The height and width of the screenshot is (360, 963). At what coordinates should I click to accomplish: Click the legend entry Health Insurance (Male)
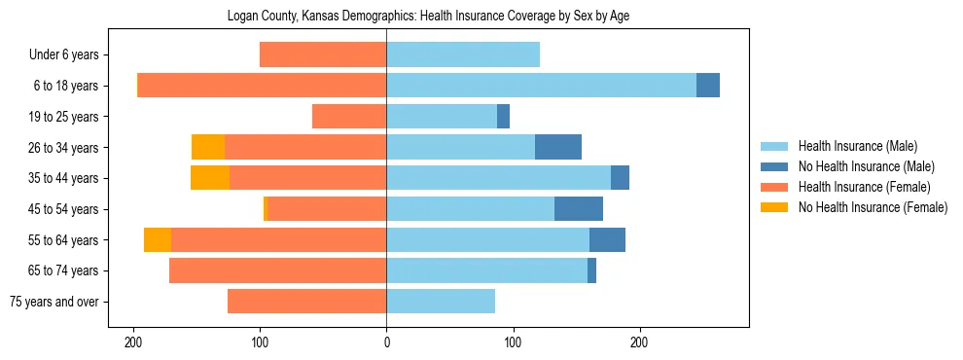click(x=857, y=146)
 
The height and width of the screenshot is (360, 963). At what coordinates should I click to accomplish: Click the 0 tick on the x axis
click(x=386, y=342)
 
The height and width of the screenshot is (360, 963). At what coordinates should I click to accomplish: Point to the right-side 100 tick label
click(x=513, y=342)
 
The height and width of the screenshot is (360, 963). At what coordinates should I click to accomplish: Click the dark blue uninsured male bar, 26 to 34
click(x=558, y=147)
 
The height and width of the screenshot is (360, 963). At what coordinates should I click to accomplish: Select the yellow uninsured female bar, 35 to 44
click(x=210, y=178)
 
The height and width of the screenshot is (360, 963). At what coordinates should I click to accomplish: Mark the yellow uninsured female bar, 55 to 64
click(x=158, y=239)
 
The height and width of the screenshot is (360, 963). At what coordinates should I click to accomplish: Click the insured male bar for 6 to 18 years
click(x=541, y=86)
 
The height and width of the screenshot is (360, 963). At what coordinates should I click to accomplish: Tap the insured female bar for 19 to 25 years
click(x=349, y=117)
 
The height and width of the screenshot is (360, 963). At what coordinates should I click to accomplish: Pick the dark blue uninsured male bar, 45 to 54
click(x=579, y=209)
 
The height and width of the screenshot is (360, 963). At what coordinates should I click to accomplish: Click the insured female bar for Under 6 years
click(x=323, y=55)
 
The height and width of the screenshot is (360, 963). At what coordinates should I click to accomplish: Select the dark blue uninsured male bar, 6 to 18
click(x=708, y=86)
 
